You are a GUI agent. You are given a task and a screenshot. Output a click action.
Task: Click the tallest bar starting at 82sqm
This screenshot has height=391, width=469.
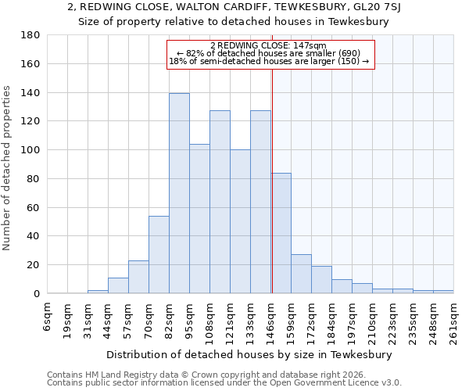point(179,193)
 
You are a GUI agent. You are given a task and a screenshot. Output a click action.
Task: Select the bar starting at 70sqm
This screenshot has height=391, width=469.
point(159,254)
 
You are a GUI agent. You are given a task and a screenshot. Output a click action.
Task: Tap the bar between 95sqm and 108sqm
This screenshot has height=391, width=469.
point(199,219)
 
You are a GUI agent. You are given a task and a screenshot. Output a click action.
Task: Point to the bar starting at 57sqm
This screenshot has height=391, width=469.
point(138,277)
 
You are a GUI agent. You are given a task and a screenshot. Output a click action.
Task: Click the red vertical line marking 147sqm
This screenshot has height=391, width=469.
point(272,172)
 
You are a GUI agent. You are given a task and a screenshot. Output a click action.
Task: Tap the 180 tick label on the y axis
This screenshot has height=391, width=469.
point(30,35)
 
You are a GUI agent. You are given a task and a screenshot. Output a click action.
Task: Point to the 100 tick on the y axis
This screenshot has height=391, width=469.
point(30,150)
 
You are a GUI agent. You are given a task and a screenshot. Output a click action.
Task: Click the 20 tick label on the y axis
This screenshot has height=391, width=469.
point(34,265)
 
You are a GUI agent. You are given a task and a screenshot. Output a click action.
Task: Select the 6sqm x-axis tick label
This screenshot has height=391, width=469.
point(48,315)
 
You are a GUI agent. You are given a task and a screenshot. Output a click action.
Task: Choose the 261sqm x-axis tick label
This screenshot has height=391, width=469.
point(454,319)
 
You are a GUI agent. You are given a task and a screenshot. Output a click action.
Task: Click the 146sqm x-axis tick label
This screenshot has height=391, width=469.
point(271,319)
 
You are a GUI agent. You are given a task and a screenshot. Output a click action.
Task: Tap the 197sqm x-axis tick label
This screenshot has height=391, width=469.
point(353,319)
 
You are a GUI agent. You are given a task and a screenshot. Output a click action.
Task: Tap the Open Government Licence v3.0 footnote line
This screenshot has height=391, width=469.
point(224,383)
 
